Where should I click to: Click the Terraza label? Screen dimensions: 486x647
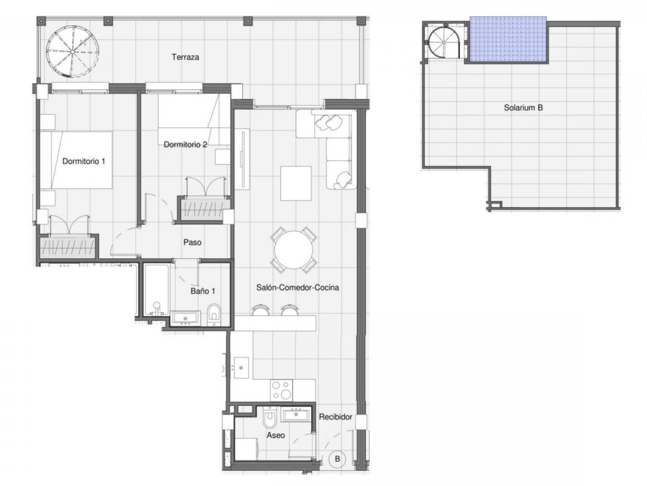pyautogui.click(x=185, y=57)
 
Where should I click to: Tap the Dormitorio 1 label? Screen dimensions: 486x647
pyautogui.click(x=83, y=161)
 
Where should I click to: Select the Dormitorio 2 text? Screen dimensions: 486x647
pyautogui.click(x=185, y=145)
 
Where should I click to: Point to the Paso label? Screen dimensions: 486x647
pyautogui.click(x=192, y=242)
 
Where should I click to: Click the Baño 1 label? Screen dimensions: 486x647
pyautogui.click(x=203, y=291)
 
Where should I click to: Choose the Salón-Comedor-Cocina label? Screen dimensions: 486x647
pyautogui.click(x=297, y=288)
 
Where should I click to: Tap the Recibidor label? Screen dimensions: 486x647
pyautogui.click(x=335, y=417)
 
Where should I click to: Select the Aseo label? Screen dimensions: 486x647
pyautogui.click(x=275, y=435)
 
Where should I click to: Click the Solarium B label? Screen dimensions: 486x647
pyautogui.click(x=523, y=108)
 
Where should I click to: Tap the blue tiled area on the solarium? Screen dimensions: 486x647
pyautogui.click(x=507, y=39)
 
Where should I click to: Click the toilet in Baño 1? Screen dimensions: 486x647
pyautogui.click(x=214, y=314)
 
